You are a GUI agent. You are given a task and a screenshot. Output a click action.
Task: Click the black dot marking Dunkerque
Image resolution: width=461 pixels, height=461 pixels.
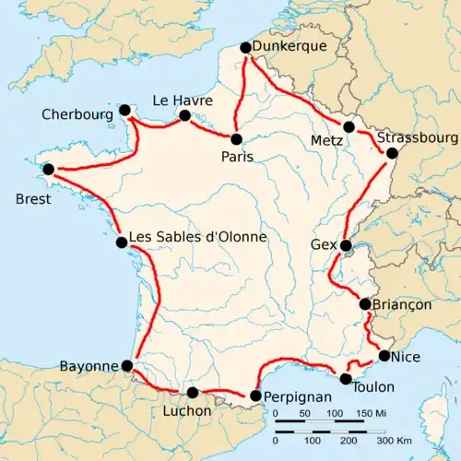(x=245, y=48)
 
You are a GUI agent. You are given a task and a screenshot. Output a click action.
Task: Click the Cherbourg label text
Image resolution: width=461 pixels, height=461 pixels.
(x=78, y=115)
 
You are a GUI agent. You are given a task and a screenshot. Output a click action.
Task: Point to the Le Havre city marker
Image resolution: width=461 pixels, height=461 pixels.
(x=185, y=116)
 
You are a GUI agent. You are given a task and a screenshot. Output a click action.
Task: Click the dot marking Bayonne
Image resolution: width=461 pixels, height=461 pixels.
(x=127, y=366)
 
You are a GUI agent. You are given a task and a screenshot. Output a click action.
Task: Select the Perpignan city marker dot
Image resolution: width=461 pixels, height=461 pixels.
(x=254, y=397)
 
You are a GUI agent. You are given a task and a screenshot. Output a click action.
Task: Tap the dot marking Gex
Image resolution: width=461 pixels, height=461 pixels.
(x=346, y=246)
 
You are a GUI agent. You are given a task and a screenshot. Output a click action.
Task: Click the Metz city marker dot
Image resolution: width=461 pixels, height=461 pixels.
(x=349, y=127)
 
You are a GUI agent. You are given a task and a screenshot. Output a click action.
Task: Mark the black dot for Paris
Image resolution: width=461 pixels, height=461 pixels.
(x=237, y=139)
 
